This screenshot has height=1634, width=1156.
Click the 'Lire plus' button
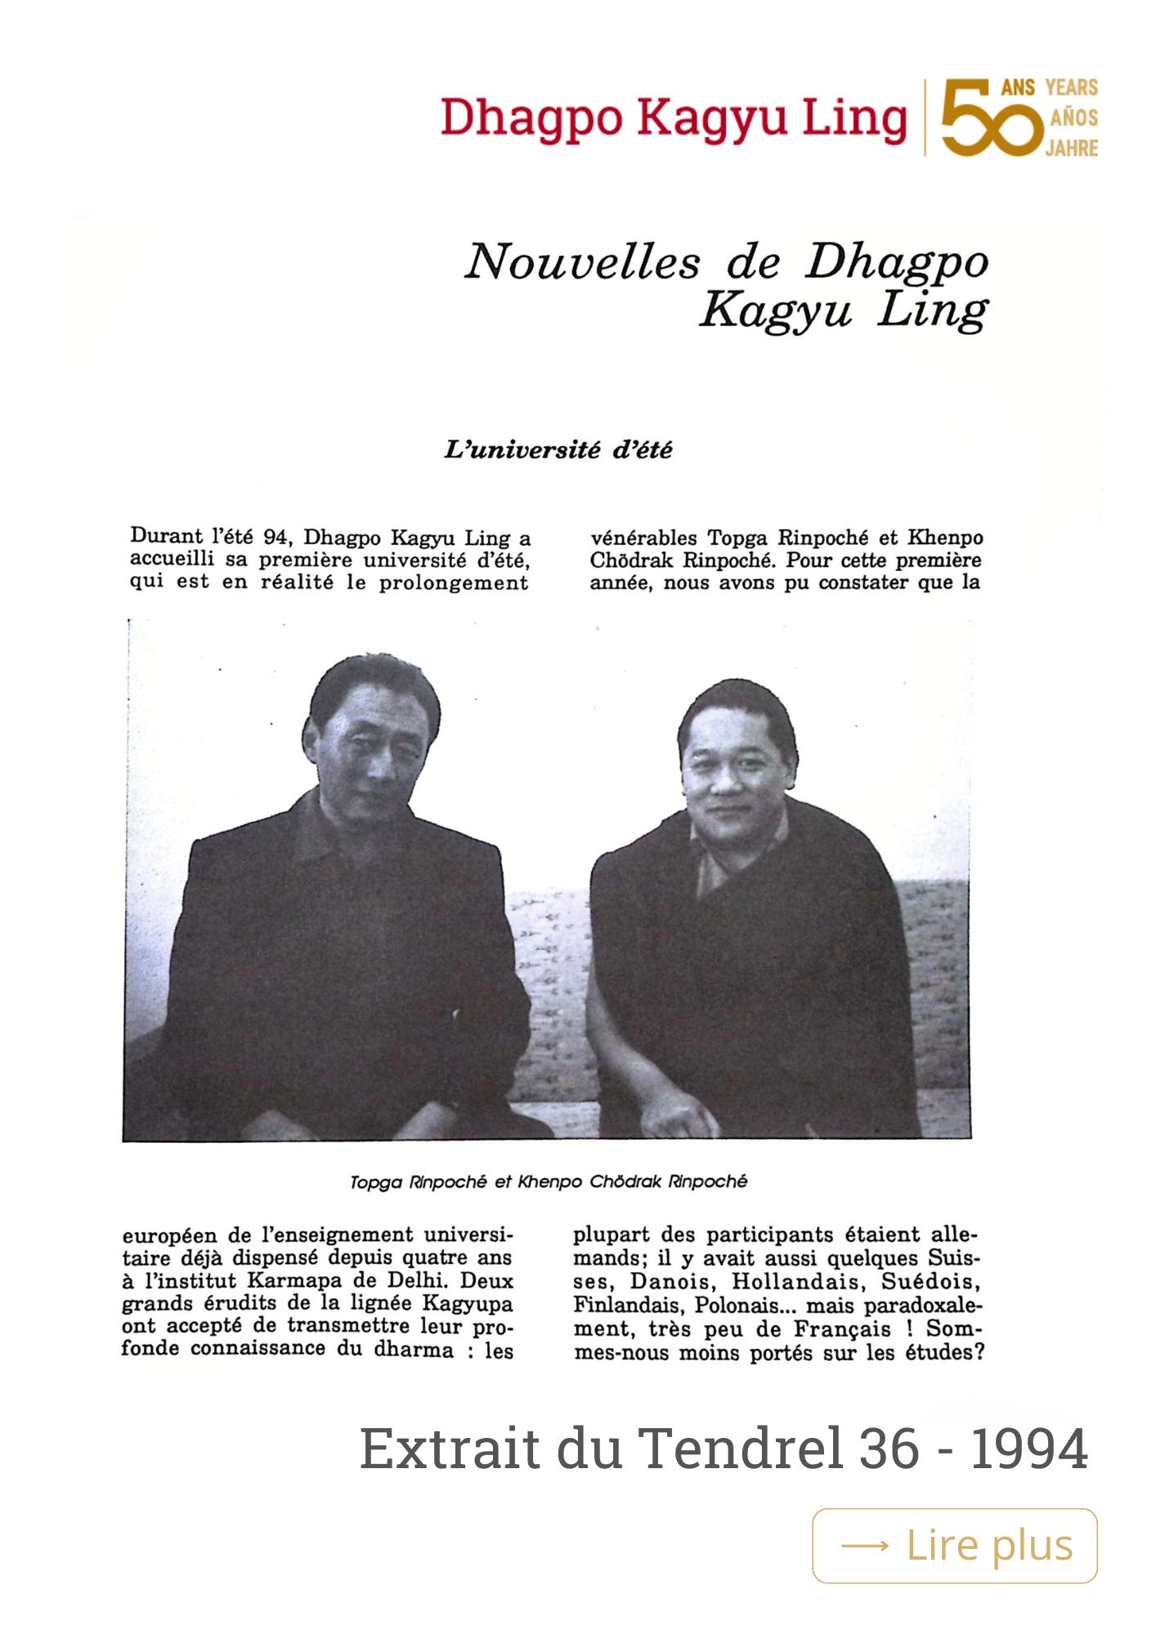(954, 1546)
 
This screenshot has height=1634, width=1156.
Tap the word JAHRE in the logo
(1072, 149)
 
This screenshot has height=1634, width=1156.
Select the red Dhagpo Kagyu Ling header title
(673, 119)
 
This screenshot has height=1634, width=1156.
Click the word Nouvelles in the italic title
(582, 263)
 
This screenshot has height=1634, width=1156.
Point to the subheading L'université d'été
(558, 450)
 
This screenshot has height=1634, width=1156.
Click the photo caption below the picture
(548, 1182)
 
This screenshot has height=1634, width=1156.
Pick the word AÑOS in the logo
(1073, 118)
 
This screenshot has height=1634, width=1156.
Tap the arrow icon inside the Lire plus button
(864, 1546)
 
